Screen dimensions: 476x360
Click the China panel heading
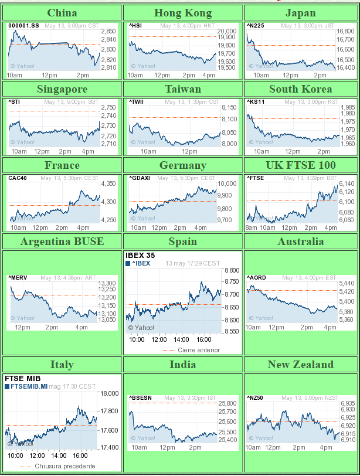[62, 13]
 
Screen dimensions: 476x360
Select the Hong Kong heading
[182, 13]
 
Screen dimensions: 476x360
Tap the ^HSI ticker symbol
[135, 26]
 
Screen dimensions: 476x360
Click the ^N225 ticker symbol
[256, 26]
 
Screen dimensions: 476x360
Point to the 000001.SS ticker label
[23, 26]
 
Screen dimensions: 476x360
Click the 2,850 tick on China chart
[108, 31]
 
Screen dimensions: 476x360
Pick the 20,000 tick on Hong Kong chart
[227, 32]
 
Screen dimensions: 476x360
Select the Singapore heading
[62, 89]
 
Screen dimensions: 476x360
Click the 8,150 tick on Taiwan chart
[229, 107]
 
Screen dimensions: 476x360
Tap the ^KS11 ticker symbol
[256, 102]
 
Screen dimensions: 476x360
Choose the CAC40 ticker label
[18, 178]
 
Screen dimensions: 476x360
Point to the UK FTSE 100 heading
[301, 165]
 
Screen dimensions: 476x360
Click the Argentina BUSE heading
[62, 242]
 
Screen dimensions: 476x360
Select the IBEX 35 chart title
[140, 256]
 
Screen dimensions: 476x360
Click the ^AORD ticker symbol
[257, 278]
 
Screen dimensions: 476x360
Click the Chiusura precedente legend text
[64, 466]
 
